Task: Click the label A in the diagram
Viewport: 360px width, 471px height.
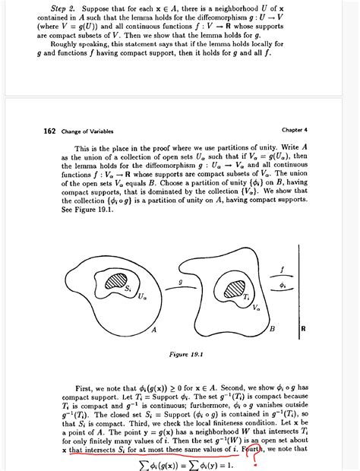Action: pos(154,330)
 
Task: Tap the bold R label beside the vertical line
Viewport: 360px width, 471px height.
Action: pos(303,330)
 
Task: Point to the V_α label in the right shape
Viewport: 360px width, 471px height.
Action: pos(256,308)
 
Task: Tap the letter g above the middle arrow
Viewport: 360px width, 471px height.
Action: pos(180,280)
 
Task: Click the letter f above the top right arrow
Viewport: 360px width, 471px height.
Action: pos(282,269)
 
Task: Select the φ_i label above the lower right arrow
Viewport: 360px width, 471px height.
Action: pos(283,286)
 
